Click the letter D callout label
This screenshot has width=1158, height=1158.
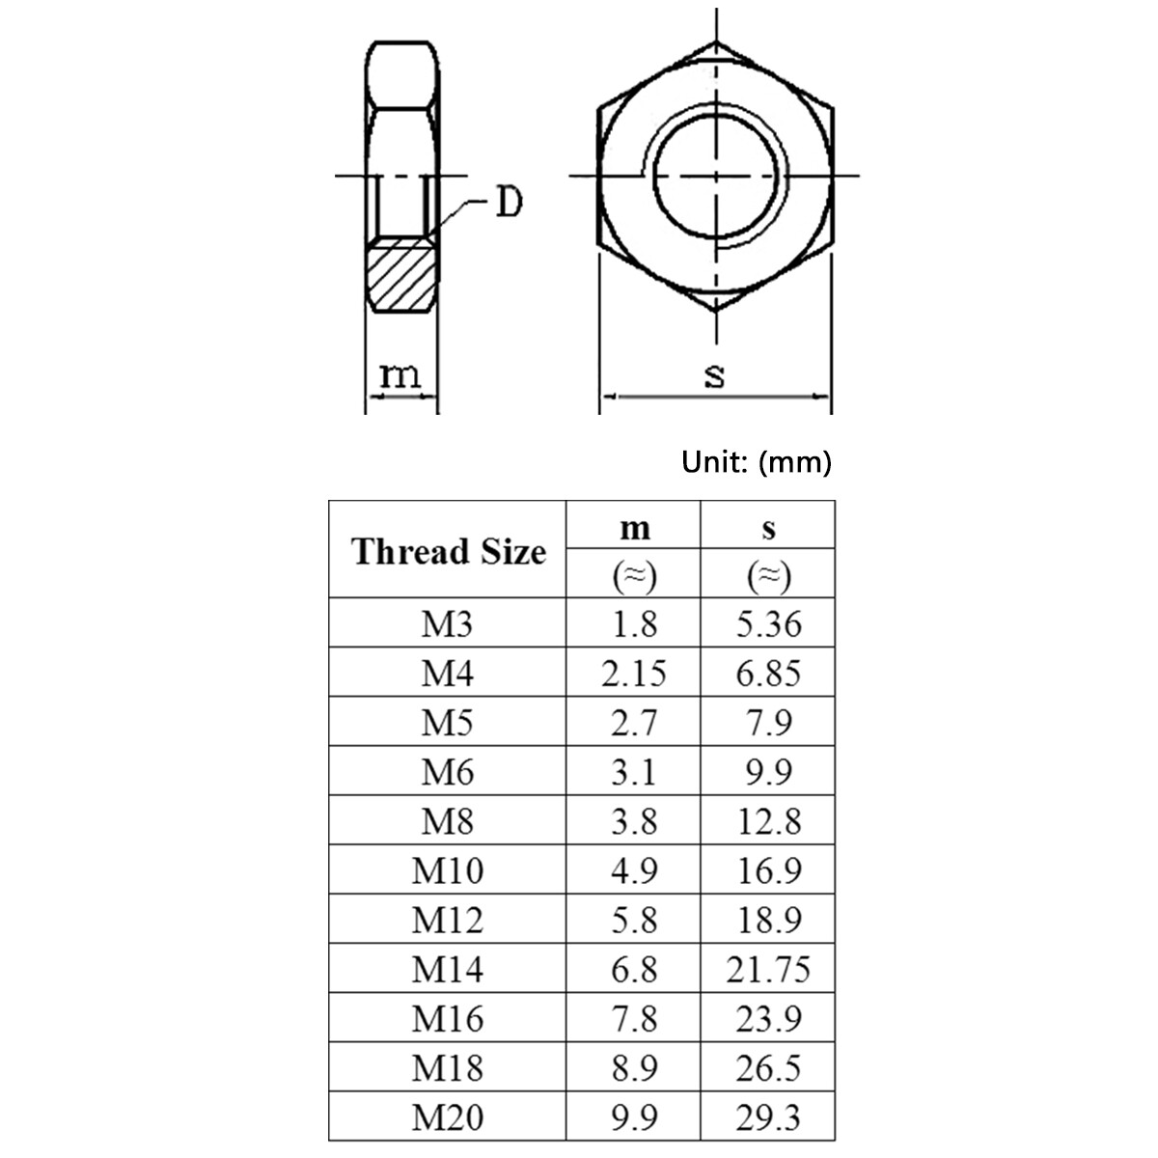point(508,203)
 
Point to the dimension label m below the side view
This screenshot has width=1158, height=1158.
point(400,374)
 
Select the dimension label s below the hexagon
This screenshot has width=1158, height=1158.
point(714,374)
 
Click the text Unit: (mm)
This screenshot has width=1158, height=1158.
point(756,462)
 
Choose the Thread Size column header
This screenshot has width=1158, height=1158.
point(448,552)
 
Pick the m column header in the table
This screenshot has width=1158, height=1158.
point(634,528)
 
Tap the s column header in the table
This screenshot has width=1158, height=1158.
point(768,528)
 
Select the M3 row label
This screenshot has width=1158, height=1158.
point(447,624)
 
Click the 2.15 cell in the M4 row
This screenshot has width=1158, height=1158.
point(634,674)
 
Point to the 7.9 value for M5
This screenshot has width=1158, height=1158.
point(768,723)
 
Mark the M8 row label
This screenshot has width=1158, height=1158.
point(447,822)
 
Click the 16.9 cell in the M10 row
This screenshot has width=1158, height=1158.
point(768,871)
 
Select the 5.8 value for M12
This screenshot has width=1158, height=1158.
point(634,921)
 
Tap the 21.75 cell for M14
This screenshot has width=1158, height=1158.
point(768,970)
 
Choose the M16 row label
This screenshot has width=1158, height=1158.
point(447,1019)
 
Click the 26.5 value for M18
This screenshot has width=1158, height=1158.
point(768,1068)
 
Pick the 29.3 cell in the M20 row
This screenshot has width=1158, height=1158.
point(768,1117)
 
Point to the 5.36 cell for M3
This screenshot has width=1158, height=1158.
point(768,624)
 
